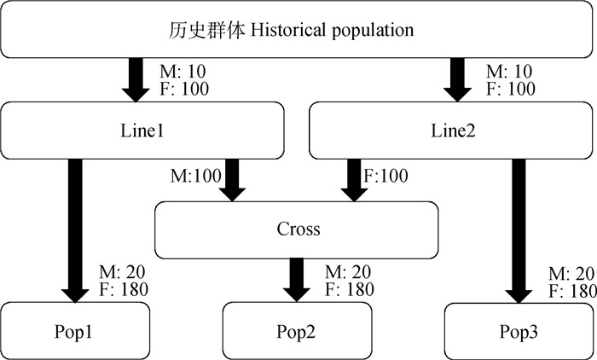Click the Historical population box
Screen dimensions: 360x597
tap(298, 31)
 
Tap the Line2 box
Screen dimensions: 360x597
tap(451, 131)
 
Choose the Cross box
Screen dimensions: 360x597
tap(298, 229)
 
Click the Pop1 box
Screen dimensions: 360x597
tap(75, 329)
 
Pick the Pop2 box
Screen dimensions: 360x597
tap(298, 329)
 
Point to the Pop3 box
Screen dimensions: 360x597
tap(519, 329)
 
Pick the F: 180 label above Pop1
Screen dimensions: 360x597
tap(123, 289)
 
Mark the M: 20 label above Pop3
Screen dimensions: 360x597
tap(571, 274)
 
